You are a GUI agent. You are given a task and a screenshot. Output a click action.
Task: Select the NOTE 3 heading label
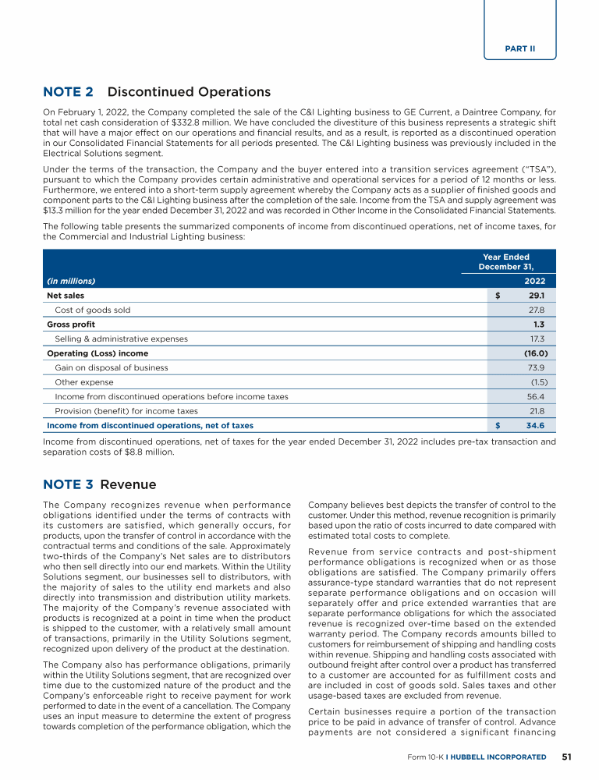tap(68, 484)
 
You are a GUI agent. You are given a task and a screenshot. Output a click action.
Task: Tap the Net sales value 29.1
tap(537, 296)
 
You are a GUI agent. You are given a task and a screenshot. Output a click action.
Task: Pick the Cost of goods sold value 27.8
tap(537, 310)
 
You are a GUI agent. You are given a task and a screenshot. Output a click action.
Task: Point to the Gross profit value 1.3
tap(539, 324)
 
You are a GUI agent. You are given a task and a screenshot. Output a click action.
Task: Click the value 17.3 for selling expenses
tap(537, 339)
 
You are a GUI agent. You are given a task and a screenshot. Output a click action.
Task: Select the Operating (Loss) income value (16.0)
tap(534, 353)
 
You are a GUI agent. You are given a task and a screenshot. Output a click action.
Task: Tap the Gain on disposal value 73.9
tap(537, 367)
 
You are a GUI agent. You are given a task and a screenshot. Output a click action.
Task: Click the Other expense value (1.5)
tap(537, 382)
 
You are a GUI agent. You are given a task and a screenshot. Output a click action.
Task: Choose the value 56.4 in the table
tap(537, 396)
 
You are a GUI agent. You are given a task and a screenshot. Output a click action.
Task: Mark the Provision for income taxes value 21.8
tap(537, 411)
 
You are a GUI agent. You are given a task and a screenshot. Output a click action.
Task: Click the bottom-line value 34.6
tap(536, 426)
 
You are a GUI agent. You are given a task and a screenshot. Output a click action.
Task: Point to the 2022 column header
tap(535, 281)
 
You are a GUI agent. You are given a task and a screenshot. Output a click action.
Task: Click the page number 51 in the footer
tap(568, 757)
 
